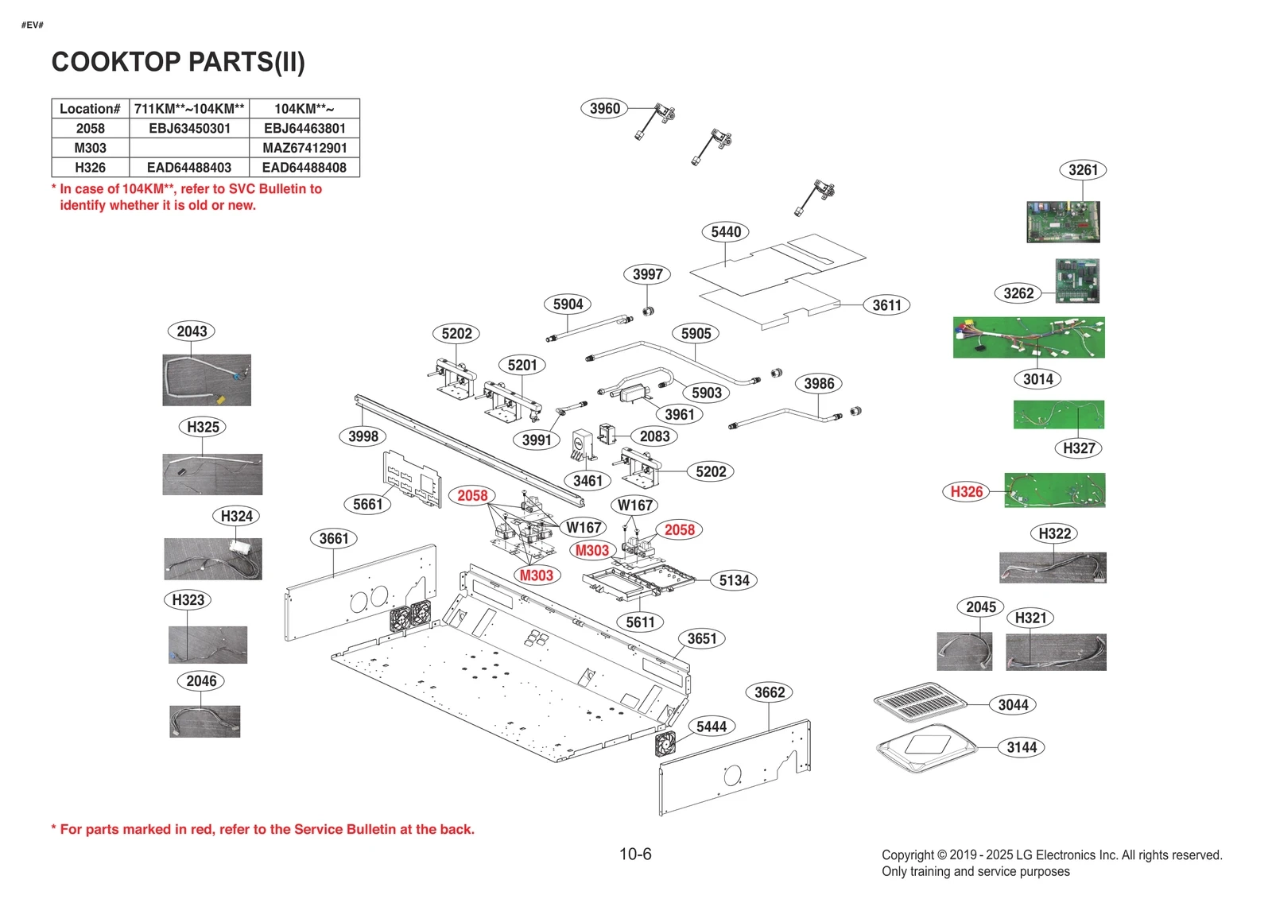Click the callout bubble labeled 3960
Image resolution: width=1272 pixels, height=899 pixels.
(x=604, y=108)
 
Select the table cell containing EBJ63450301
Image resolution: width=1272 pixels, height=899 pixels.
(x=189, y=128)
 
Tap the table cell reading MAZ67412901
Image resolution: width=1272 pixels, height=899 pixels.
(x=304, y=148)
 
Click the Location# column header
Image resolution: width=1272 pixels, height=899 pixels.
(x=90, y=109)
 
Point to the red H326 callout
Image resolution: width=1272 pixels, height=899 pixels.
(x=967, y=491)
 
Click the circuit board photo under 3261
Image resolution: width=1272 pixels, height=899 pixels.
(x=1063, y=222)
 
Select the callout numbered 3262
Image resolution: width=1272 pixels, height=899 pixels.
(x=1018, y=293)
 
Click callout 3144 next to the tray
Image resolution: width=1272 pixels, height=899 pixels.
(x=1022, y=747)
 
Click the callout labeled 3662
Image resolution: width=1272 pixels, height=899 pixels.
(x=770, y=692)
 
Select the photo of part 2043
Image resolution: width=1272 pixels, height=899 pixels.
(x=207, y=380)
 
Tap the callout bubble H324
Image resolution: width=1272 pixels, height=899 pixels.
(x=236, y=516)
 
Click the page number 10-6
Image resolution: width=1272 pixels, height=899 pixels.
(x=635, y=854)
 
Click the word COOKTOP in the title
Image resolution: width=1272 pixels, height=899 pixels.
(x=116, y=62)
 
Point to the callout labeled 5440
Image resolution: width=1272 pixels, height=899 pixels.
(x=726, y=231)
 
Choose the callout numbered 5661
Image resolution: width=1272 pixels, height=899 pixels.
(x=367, y=504)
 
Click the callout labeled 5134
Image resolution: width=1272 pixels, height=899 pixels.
(x=734, y=580)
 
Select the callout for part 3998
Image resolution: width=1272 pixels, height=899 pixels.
(x=363, y=436)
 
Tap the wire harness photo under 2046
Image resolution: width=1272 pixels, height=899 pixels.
(x=204, y=722)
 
